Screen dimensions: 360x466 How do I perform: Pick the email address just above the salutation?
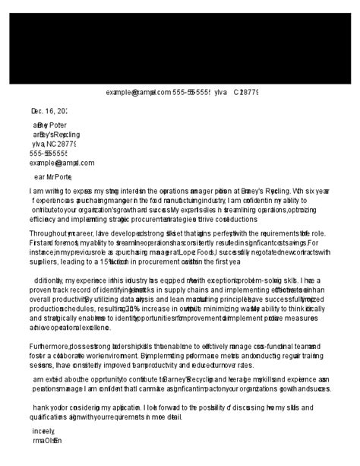click(x=62, y=162)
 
